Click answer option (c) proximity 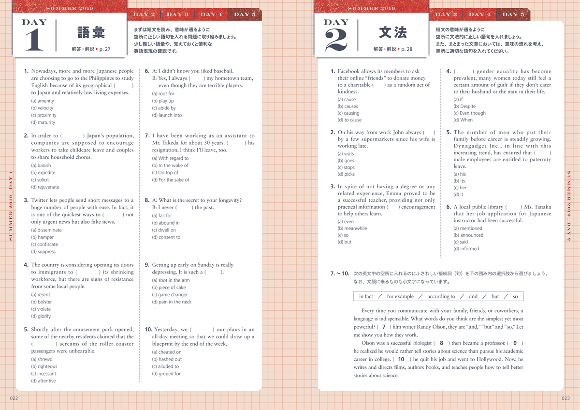click(x=43, y=115)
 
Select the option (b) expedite click(x=43, y=172)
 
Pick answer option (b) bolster click(x=41, y=302)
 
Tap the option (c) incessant click(x=43, y=374)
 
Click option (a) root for click(x=163, y=93)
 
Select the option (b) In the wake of click(x=170, y=165)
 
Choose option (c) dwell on click(x=164, y=230)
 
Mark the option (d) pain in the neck click(x=172, y=302)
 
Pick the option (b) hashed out click(x=167, y=359)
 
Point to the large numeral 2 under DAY click(x=337, y=41)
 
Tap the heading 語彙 click(x=91, y=32)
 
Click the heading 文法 click(x=393, y=32)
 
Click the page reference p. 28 click(x=406, y=49)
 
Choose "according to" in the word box click(x=441, y=296)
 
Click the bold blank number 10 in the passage click(x=401, y=359)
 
